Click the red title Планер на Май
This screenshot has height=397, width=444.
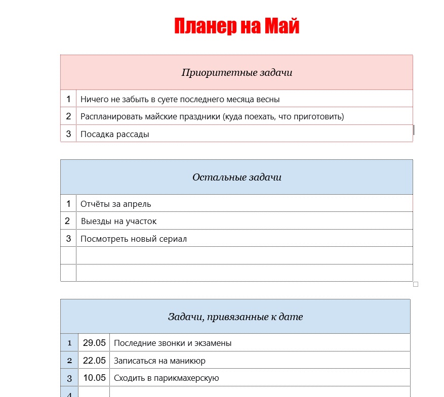point(236,26)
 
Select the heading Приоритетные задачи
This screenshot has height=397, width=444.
point(236,72)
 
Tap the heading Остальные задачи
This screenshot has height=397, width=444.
point(236,177)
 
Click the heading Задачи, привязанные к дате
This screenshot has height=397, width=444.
point(235,317)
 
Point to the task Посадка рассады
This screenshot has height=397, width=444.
point(115,134)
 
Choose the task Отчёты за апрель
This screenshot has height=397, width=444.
point(116,204)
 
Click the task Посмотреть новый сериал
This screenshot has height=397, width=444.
point(134,239)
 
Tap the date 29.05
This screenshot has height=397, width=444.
point(94,343)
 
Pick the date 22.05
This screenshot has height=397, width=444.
point(94,361)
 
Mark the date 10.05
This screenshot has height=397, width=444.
point(94,378)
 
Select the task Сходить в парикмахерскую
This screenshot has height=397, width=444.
point(166,378)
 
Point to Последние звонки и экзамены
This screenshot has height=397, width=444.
point(173,343)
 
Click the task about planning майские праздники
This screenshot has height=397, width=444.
point(212,117)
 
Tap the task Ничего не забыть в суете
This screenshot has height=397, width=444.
point(180,99)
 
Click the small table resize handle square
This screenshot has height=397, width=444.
point(416,284)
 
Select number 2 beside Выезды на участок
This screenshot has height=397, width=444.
point(67,221)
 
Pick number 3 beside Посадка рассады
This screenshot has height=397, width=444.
point(68,134)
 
